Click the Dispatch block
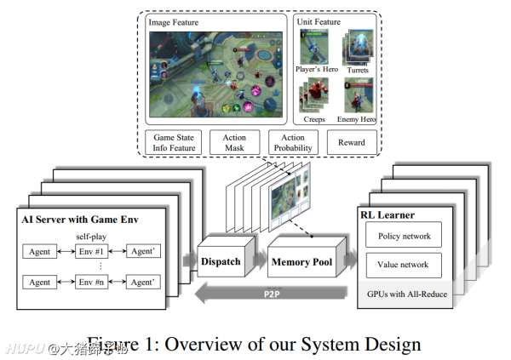221,262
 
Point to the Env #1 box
89,252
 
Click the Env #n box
89,283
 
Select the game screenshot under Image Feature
216,73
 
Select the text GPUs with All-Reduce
403,293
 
